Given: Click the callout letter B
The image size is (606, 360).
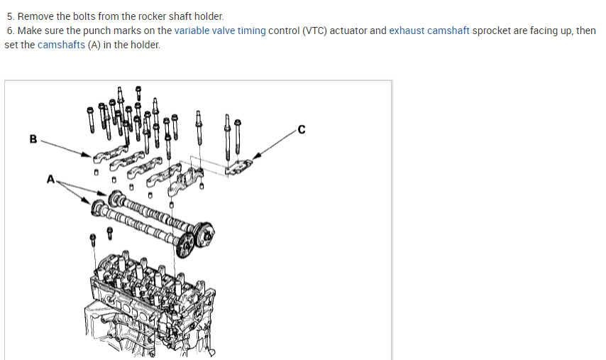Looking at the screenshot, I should [33, 139].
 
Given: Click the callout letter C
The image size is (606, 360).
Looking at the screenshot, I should [302, 130].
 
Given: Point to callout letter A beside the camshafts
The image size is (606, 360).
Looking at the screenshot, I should [50, 180].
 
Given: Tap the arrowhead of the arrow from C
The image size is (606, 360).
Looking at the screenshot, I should [256, 158].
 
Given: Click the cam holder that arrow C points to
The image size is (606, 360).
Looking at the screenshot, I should [240, 167].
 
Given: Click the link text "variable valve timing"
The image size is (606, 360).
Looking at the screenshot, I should [220, 31].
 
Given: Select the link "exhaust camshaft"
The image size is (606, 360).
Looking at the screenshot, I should [429, 31].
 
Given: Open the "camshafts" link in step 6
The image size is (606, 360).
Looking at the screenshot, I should [61, 45].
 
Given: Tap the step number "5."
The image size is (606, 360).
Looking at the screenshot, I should [11, 16].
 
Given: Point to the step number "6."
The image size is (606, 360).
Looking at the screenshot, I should [11, 31].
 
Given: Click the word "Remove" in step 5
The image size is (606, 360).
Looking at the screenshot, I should [35, 16].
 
